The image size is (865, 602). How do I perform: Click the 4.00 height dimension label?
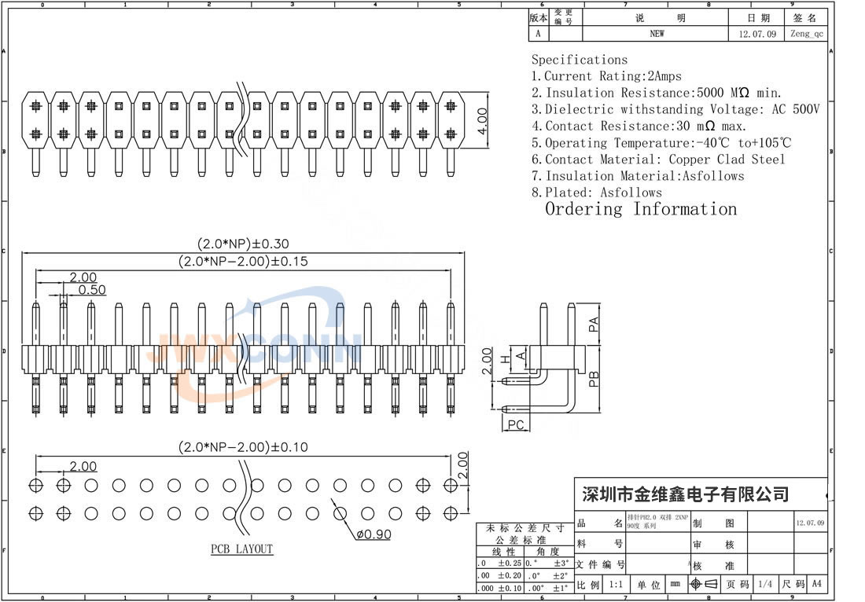(483, 123)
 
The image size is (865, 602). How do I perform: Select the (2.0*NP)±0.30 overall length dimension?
(243, 244)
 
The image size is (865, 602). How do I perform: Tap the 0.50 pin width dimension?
(91, 290)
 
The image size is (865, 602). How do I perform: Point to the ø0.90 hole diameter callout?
(373, 535)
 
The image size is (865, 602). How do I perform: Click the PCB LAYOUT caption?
(241, 549)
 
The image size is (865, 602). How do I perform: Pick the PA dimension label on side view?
(594, 322)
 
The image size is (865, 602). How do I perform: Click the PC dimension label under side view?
(516, 425)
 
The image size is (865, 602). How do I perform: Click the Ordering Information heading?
(641, 209)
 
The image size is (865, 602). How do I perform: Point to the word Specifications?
(580, 60)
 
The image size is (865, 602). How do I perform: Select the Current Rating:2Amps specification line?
(606, 76)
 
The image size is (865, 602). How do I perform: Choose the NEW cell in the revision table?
(657, 34)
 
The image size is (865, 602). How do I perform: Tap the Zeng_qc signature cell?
(807, 34)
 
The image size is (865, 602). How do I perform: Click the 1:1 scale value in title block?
(616, 585)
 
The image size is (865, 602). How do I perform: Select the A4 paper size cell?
(816, 585)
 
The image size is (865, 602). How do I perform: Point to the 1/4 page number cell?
(764, 585)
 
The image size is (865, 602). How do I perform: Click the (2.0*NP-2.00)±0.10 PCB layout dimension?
(243, 448)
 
